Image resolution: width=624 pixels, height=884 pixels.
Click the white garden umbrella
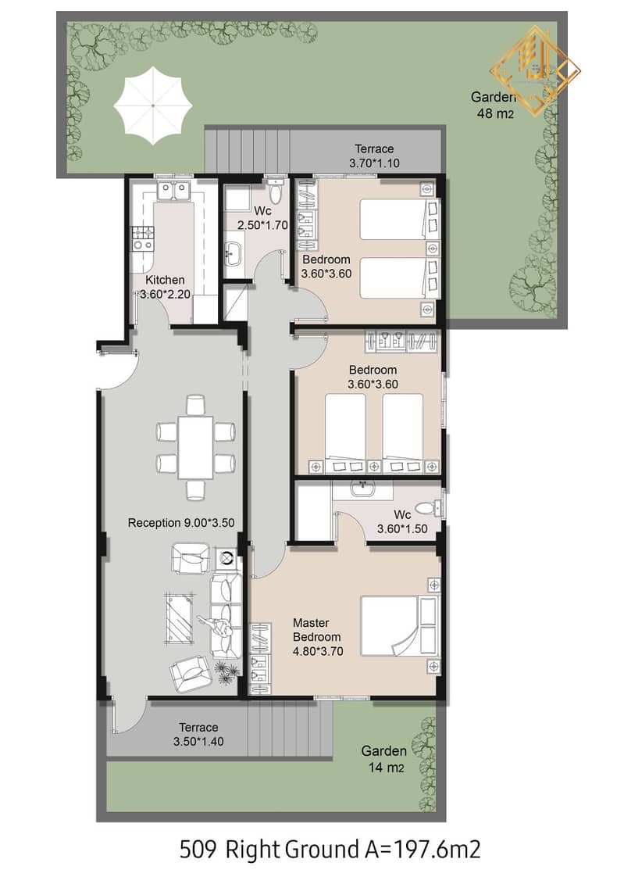coord(152,106)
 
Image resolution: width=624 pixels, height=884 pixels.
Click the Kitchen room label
coord(165,280)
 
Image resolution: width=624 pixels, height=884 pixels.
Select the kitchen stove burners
coord(142,238)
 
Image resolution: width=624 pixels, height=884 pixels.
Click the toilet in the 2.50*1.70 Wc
coord(276,191)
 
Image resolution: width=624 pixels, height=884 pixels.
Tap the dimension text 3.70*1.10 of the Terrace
coord(374,163)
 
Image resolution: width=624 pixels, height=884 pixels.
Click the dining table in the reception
coord(195,447)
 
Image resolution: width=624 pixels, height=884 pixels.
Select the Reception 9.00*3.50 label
coord(180,523)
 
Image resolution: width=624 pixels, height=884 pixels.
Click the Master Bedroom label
coord(316,630)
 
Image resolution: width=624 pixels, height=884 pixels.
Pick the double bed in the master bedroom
coord(399,626)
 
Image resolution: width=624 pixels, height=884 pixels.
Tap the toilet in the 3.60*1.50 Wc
coord(431,508)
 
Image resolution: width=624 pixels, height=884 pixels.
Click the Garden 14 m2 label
coord(383,759)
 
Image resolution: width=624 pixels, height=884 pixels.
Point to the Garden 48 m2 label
coord(494,106)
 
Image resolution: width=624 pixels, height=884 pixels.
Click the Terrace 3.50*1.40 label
coord(198,735)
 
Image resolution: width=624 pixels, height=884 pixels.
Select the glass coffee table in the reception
coord(180,617)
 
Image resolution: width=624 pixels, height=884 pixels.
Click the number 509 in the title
coord(197,850)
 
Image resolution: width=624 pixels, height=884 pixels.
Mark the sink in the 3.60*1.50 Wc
coord(362,488)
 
